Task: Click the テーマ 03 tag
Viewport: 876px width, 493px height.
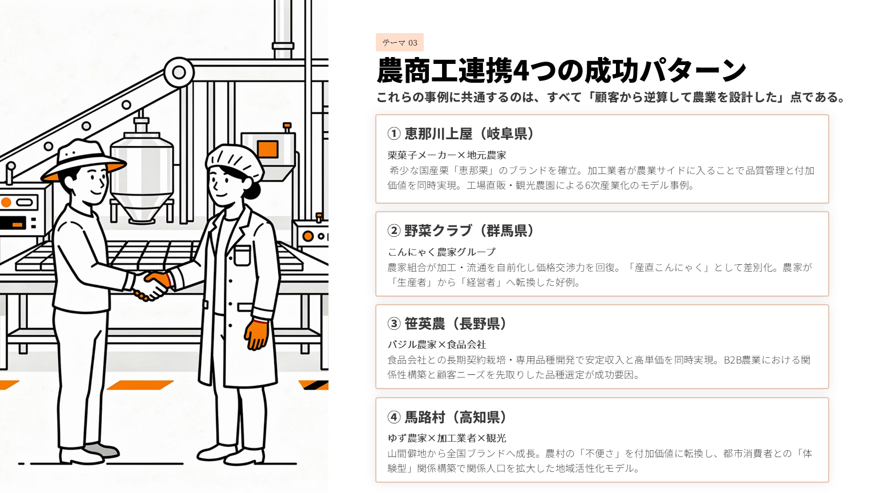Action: tap(399, 42)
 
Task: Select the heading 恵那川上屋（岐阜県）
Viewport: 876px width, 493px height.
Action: tap(460, 134)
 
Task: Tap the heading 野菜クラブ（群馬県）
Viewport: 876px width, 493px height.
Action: tap(460, 231)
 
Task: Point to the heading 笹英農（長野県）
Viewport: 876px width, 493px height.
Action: tap(447, 324)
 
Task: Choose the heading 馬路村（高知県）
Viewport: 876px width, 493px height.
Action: tap(447, 418)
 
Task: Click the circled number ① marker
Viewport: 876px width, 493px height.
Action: tap(394, 134)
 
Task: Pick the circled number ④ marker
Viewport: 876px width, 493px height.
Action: tap(394, 418)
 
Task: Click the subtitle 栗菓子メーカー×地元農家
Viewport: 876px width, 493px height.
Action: tap(447, 155)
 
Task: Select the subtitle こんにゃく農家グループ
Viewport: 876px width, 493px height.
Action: tap(441, 252)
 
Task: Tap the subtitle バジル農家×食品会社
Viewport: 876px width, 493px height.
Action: tap(436, 345)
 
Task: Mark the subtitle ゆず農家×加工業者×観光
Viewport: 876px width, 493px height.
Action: tap(447, 438)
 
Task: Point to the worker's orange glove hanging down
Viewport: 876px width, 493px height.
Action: tap(257, 334)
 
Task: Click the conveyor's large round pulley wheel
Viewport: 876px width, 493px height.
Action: tap(179, 72)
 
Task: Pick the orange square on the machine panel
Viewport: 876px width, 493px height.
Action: tap(268, 149)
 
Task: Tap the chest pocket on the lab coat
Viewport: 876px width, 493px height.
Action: tap(242, 256)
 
